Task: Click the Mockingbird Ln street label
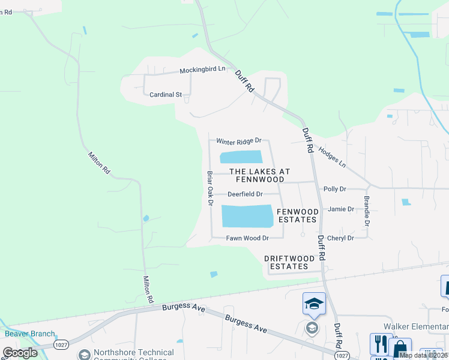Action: pos(202,70)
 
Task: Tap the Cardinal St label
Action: pos(165,95)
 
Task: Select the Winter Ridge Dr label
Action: pos(239,141)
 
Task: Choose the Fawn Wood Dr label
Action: pos(247,238)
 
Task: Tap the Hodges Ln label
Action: pos(332,157)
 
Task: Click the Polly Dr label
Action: pos(335,189)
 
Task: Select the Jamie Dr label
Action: pos(341,209)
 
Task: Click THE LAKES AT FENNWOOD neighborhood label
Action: pos(259,175)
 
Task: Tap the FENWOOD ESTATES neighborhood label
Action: pos(297,215)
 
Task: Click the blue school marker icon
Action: pos(314,304)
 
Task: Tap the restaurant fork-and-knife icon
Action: pos(380,344)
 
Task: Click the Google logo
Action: pos(20,352)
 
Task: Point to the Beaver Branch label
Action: pos(30,334)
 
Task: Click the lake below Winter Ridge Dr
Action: pos(241,157)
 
